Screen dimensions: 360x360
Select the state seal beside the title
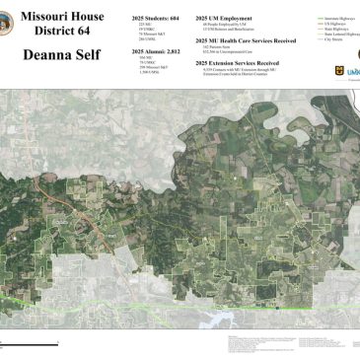[x=12, y=28]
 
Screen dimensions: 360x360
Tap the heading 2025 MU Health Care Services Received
[x=247, y=40]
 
